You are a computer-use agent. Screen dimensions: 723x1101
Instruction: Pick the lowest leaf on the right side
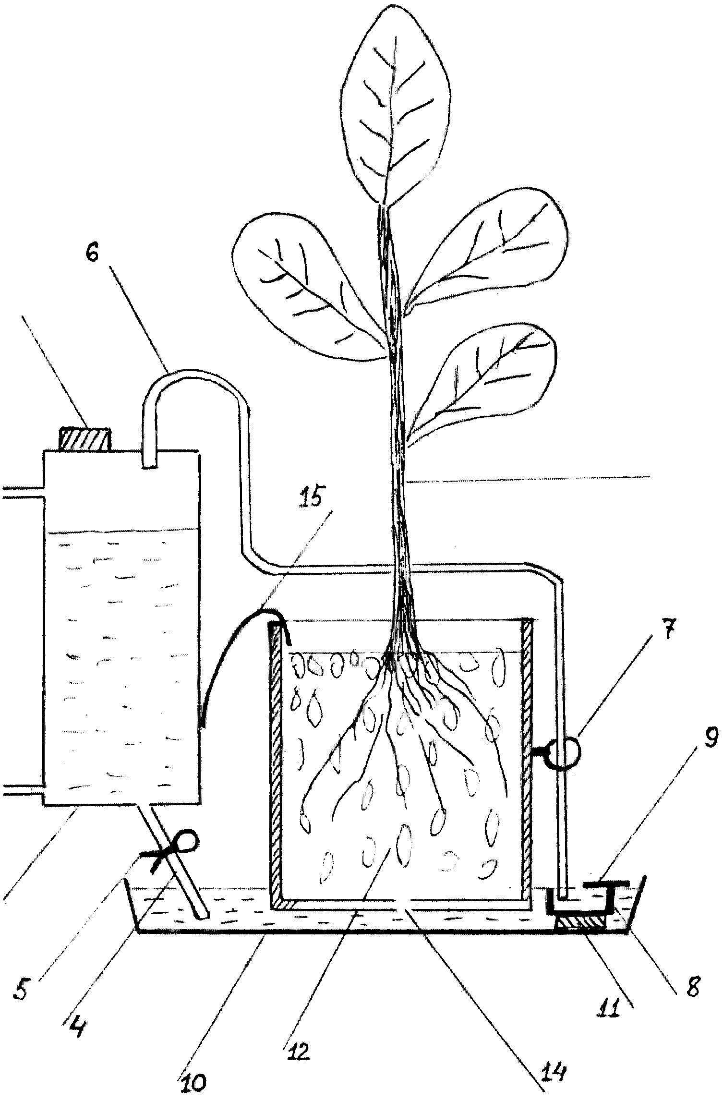[481, 382]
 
